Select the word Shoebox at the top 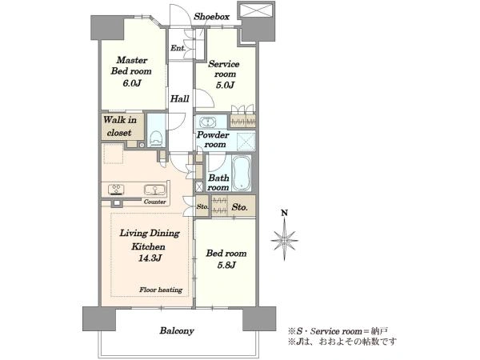[x=213, y=15]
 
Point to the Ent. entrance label [x=178, y=49]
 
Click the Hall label [x=180, y=99]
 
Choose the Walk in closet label [x=118, y=127]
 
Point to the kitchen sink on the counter [x=152, y=190]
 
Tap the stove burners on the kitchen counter [x=116, y=190]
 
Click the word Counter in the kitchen [x=155, y=202]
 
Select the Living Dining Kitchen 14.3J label [x=150, y=245]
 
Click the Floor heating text [x=161, y=290]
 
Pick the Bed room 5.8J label [x=226, y=260]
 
